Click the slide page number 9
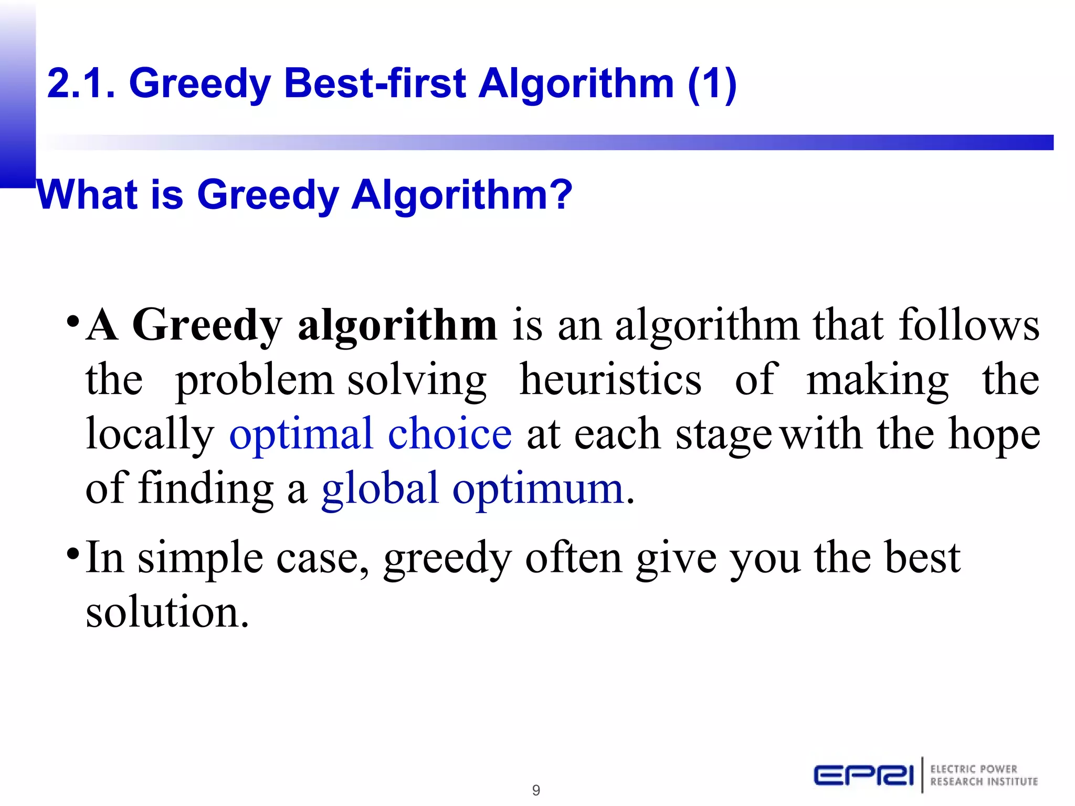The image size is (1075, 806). pyautogui.click(x=536, y=790)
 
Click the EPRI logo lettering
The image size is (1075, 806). pyautogui.click(x=863, y=775)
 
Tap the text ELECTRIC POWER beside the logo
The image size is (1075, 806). pyautogui.click(x=974, y=769)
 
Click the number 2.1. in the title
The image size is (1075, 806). pyautogui.click(x=81, y=83)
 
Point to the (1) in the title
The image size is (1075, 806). pyautogui.click(x=712, y=83)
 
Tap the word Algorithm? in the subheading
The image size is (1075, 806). pyautogui.click(x=462, y=196)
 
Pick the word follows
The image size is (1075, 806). pyautogui.click(x=968, y=325)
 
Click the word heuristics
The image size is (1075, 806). pyautogui.click(x=610, y=380)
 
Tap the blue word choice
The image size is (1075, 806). pyautogui.click(x=450, y=434)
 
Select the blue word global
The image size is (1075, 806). pyautogui.click(x=380, y=489)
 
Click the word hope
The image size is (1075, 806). pyautogui.click(x=994, y=434)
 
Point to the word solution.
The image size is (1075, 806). pyautogui.click(x=166, y=612)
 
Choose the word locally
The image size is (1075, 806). pyautogui.click(x=150, y=435)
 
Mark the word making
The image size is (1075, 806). pyautogui.click(x=877, y=381)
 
